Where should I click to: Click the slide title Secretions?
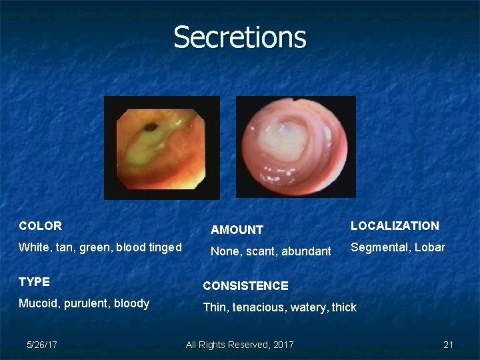click(240, 37)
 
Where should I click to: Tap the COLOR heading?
click(40, 226)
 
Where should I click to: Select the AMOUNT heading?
click(237, 230)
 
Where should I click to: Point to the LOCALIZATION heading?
click(395, 226)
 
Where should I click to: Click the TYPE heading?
click(34, 282)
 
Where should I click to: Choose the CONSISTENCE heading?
click(245, 286)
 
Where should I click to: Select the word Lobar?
click(429, 247)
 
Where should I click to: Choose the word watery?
click(309, 307)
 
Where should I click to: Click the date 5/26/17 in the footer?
click(41, 345)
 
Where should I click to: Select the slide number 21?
click(448, 345)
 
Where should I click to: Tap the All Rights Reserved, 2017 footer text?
click(239, 345)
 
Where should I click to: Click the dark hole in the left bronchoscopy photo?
click(151, 125)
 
